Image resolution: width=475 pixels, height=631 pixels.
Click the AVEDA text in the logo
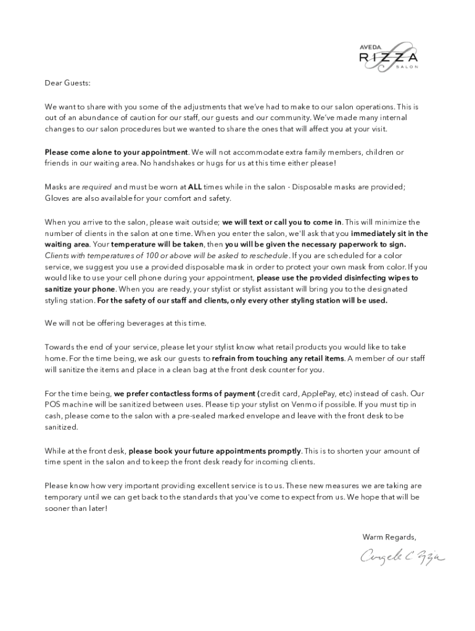370,46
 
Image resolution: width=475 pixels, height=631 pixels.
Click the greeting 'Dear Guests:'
67,83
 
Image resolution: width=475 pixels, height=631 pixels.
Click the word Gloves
57,198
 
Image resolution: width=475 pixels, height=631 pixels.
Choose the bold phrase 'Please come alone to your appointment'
116,152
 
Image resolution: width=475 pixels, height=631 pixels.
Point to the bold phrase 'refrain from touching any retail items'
278,358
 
